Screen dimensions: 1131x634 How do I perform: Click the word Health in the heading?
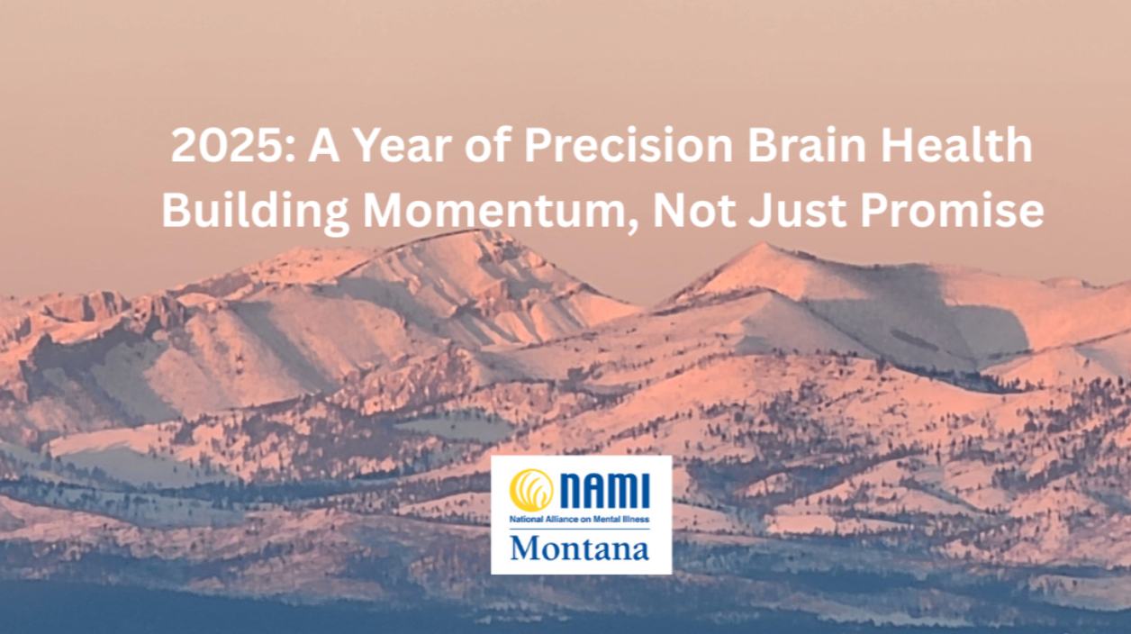pyautogui.click(x=957, y=145)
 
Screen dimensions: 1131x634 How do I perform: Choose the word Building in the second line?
pyautogui.click(x=255, y=211)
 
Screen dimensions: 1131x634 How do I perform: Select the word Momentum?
pyautogui.click(x=495, y=210)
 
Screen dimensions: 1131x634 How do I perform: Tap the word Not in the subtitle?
pyautogui.click(x=694, y=210)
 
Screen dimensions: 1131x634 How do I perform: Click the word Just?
pyautogui.click(x=797, y=210)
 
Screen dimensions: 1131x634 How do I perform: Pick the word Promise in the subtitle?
pyautogui.click(x=952, y=210)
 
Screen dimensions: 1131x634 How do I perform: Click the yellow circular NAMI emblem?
pyautogui.click(x=531, y=490)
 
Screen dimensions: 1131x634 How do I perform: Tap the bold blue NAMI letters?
pyautogui.click(x=605, y=491)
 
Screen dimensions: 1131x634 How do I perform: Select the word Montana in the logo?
pyautogui.click(x=579, y=548)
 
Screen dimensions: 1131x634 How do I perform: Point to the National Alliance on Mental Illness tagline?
pyautogui.click(x=579, y=519)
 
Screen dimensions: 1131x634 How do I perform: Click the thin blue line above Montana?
pyautogui.click(x=579, y=529)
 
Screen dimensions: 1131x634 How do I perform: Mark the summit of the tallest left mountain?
pyautogui.click(x=477, y=231)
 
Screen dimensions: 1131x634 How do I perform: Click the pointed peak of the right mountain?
pyautogui.click(x=762, y=244)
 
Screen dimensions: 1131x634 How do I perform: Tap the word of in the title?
pyautogui.click(x=487, y=145)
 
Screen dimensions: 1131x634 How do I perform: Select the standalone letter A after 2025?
pyautogui.click(x=323, y=145)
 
